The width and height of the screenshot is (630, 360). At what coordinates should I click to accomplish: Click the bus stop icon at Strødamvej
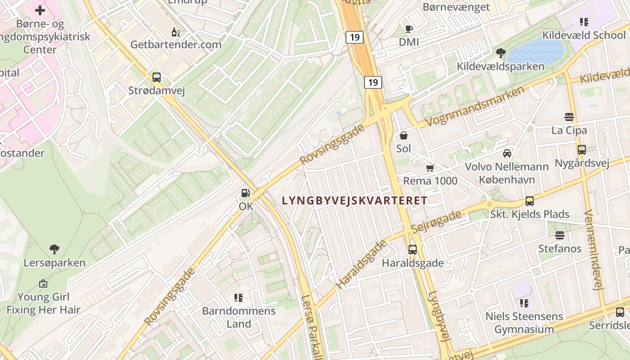click(x=156, y=77)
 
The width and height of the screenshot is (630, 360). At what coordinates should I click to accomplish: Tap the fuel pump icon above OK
click(x=246, y=193)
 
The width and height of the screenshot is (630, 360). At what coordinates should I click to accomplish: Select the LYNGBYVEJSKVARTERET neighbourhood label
click(x=354, y=201)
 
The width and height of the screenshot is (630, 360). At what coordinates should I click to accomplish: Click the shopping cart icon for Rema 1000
click(x=430, y=168)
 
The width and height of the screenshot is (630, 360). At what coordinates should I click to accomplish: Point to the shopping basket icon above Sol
click(x=404, y=135)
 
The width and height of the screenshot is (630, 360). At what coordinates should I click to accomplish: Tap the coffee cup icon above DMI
click(x=409, y=29)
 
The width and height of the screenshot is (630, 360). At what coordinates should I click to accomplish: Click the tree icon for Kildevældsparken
click(x=500, y=53)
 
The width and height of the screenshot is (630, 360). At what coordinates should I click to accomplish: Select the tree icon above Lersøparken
click(x=54, y=249)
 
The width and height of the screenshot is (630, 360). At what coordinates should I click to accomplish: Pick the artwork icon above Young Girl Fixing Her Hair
click(x=43, y=283)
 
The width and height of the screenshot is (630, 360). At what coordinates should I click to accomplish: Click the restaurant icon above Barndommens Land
click(x=238, y=297)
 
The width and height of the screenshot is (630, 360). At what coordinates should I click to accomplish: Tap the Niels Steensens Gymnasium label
click(x=524, y=323)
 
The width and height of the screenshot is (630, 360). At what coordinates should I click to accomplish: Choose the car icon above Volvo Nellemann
click(x=507, y=153)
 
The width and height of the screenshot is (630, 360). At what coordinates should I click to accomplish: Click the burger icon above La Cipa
click(x=569, y=117)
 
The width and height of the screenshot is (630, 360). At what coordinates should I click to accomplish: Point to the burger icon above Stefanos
click(x=560, y=235)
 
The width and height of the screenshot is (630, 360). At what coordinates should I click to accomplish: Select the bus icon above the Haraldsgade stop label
click(x=413, y=249)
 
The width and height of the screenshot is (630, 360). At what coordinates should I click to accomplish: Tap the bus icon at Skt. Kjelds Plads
click(x=530, y=201)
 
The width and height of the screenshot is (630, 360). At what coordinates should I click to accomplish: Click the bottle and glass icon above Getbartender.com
click(x=176, y=32)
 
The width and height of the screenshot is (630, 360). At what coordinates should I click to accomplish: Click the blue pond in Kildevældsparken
click(x=535, y=51)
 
